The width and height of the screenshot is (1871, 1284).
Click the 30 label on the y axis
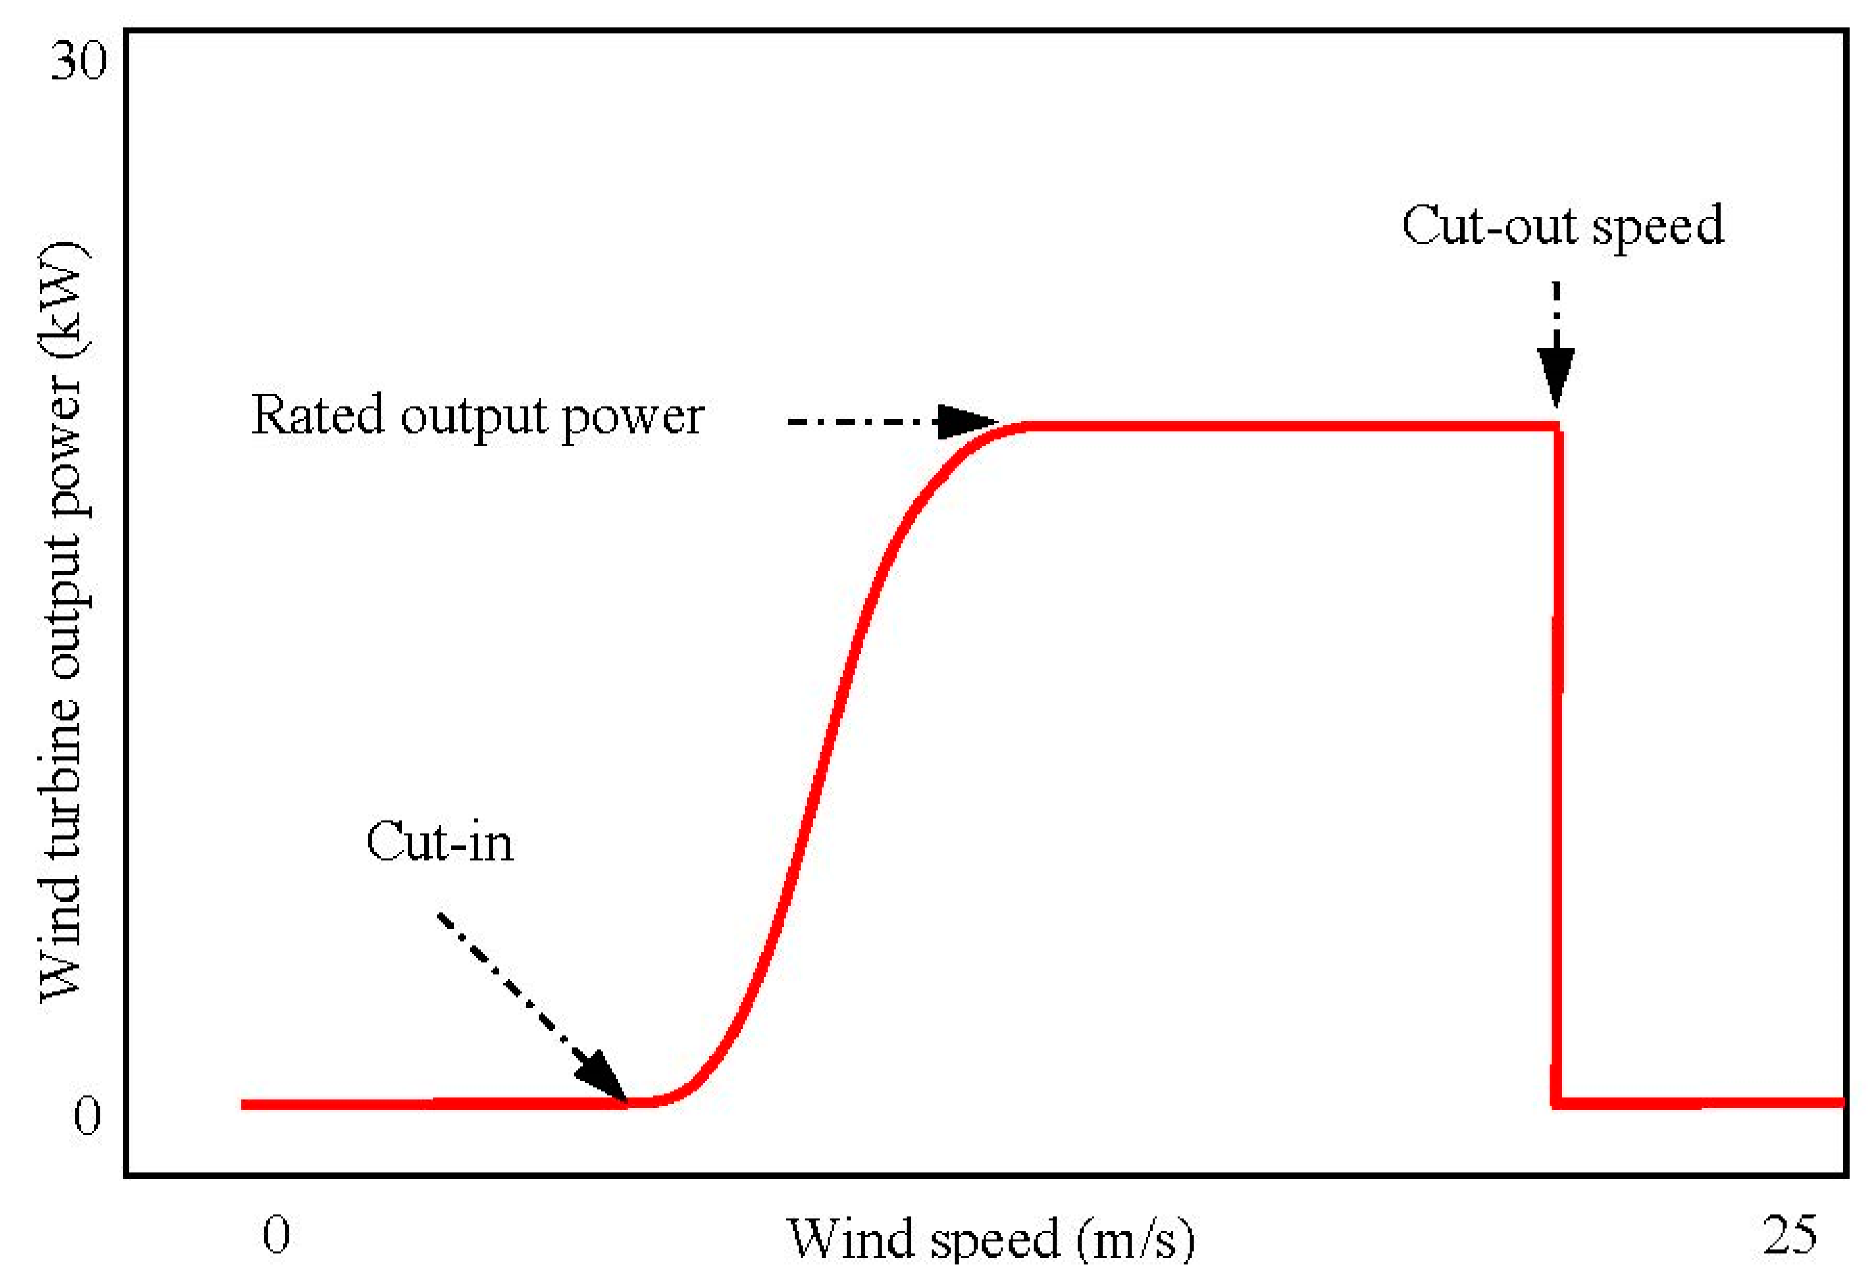click(x=78, y=60)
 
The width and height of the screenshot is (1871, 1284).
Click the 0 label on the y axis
click(x=87, y=1117)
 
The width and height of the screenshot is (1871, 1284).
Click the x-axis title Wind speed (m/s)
click(x=990, y=1238)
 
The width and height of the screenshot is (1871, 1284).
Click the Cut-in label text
click(x=440, y=843)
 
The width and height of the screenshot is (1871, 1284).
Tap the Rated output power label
click(x=477, y=416)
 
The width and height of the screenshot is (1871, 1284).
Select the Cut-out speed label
click(x=1562, y=226)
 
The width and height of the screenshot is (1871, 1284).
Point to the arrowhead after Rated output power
click(x=966, y=421)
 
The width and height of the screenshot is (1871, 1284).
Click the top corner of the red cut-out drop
click(x=1558, y=427)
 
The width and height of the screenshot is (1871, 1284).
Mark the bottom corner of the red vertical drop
click(x=1558, y=1103)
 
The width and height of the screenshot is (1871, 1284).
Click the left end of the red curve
click(x=244, y=1104)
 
